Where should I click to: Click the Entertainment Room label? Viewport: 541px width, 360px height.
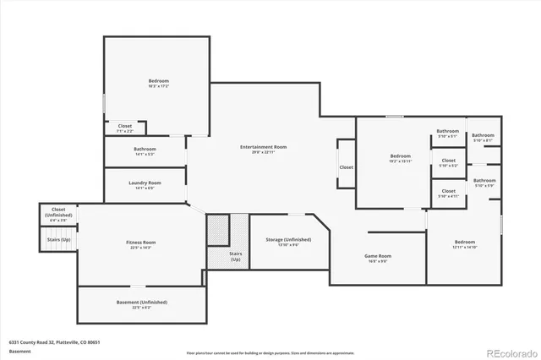click(x=263, y=147)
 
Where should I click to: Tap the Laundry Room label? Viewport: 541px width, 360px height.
click(x=145, y=183)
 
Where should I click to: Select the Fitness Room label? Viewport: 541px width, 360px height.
click(x=141, y=243)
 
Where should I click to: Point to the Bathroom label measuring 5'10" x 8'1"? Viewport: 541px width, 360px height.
click(x=483, y=136)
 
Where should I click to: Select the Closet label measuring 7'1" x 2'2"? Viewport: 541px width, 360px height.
click(x=124, y=127)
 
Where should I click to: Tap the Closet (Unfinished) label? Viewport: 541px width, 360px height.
click(x=58, y=212)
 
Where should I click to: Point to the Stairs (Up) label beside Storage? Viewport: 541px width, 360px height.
click(x=235, y=256)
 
